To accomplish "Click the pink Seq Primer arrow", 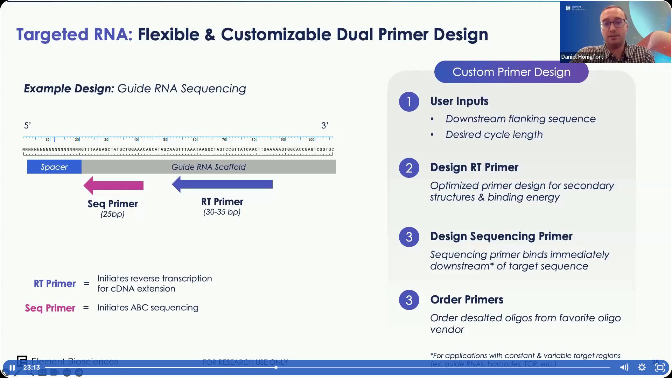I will coord(114,185).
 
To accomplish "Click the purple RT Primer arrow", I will coord(223,184).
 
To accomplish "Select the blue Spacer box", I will coord(54,167).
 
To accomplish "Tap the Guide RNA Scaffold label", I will coord(209,167).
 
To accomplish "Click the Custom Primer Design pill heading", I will coord(511,72).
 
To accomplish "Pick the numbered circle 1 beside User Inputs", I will coord(409,102).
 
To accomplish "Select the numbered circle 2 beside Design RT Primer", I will coord(409,168).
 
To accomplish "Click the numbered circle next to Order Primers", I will coord(409,300).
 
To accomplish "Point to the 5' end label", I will coord(27,125).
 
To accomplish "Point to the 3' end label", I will coord(324,125).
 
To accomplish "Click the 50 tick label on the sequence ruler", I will coord(165,140).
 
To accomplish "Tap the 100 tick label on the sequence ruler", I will coord(311,140).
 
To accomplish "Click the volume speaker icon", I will coord(624,367).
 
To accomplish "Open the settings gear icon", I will coord(642,367).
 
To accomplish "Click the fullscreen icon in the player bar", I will coord(660,367).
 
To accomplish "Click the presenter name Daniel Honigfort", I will coord(582,57).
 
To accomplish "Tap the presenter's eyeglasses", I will coord(614,24).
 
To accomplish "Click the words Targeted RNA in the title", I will coord(74,34).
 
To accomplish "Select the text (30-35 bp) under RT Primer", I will coord(222,212).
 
